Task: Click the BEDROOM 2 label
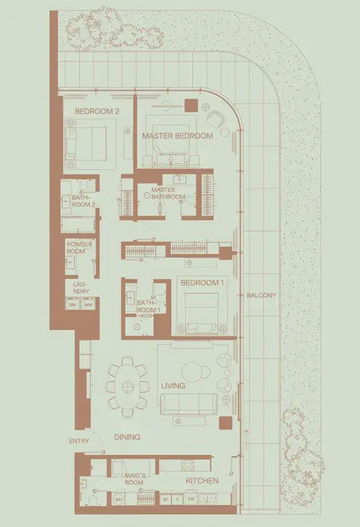click(x=97, y=111)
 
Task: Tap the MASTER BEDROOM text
click(x=177, y=136)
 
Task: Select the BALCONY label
click(x=261, y=295)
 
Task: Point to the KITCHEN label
click(x=202, y=481)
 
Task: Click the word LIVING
click(x=173, y=386)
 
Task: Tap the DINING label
click(x=127, y=437)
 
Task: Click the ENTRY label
click(x=79, y=441)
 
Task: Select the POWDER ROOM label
click(x=79, y=248)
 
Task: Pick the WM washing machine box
click(x=88, y=305)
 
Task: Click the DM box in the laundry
click(x=72, y=305)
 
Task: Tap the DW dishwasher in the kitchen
click(x=191, y=499)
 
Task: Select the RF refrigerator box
click(x=165, y=500)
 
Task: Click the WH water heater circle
click(x=118, y=499)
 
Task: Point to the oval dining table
click(x=127, y=386)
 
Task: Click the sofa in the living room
click(x=188, y=404)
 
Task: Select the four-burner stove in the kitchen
click(x=188, y=465)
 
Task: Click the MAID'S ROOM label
click(x=134, y=479)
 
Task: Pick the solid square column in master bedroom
click(x=191, y=105)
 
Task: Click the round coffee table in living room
click(x=193, y=372)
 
